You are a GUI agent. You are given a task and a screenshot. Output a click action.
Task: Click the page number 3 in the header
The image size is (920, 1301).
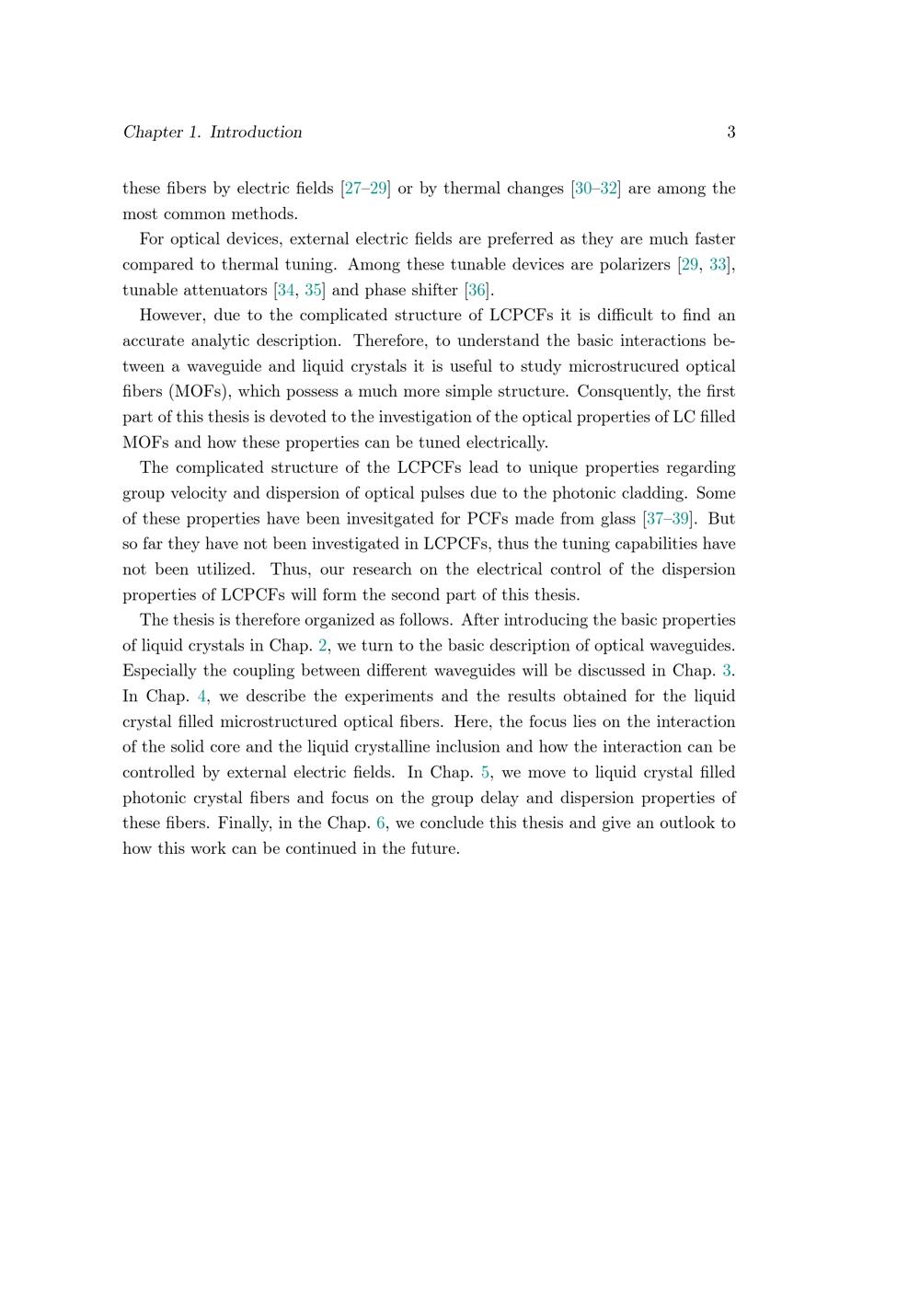pos(730,132)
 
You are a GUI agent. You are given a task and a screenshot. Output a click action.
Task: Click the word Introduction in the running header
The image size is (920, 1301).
pos(256,132)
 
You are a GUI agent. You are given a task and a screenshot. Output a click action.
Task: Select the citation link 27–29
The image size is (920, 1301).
pos(366,189)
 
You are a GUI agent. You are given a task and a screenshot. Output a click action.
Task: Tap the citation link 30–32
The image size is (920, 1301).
pos(595,189)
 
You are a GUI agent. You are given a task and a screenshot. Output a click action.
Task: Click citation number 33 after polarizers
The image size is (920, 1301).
pos(718,265)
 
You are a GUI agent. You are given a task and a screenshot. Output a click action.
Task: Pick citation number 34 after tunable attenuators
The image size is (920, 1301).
pos(286,291)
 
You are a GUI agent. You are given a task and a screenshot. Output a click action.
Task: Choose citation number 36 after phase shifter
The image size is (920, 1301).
pos(477,291)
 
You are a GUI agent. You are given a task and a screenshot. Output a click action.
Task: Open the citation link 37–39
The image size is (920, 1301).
pos(668,519)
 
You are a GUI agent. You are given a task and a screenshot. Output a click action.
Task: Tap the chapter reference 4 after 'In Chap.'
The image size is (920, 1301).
pos(201,697)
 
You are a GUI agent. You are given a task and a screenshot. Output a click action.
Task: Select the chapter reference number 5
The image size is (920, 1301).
pos(486,773)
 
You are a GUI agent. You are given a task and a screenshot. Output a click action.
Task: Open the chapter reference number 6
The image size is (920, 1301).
pos(381,823)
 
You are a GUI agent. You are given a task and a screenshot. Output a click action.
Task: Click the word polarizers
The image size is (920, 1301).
pos(634,265)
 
